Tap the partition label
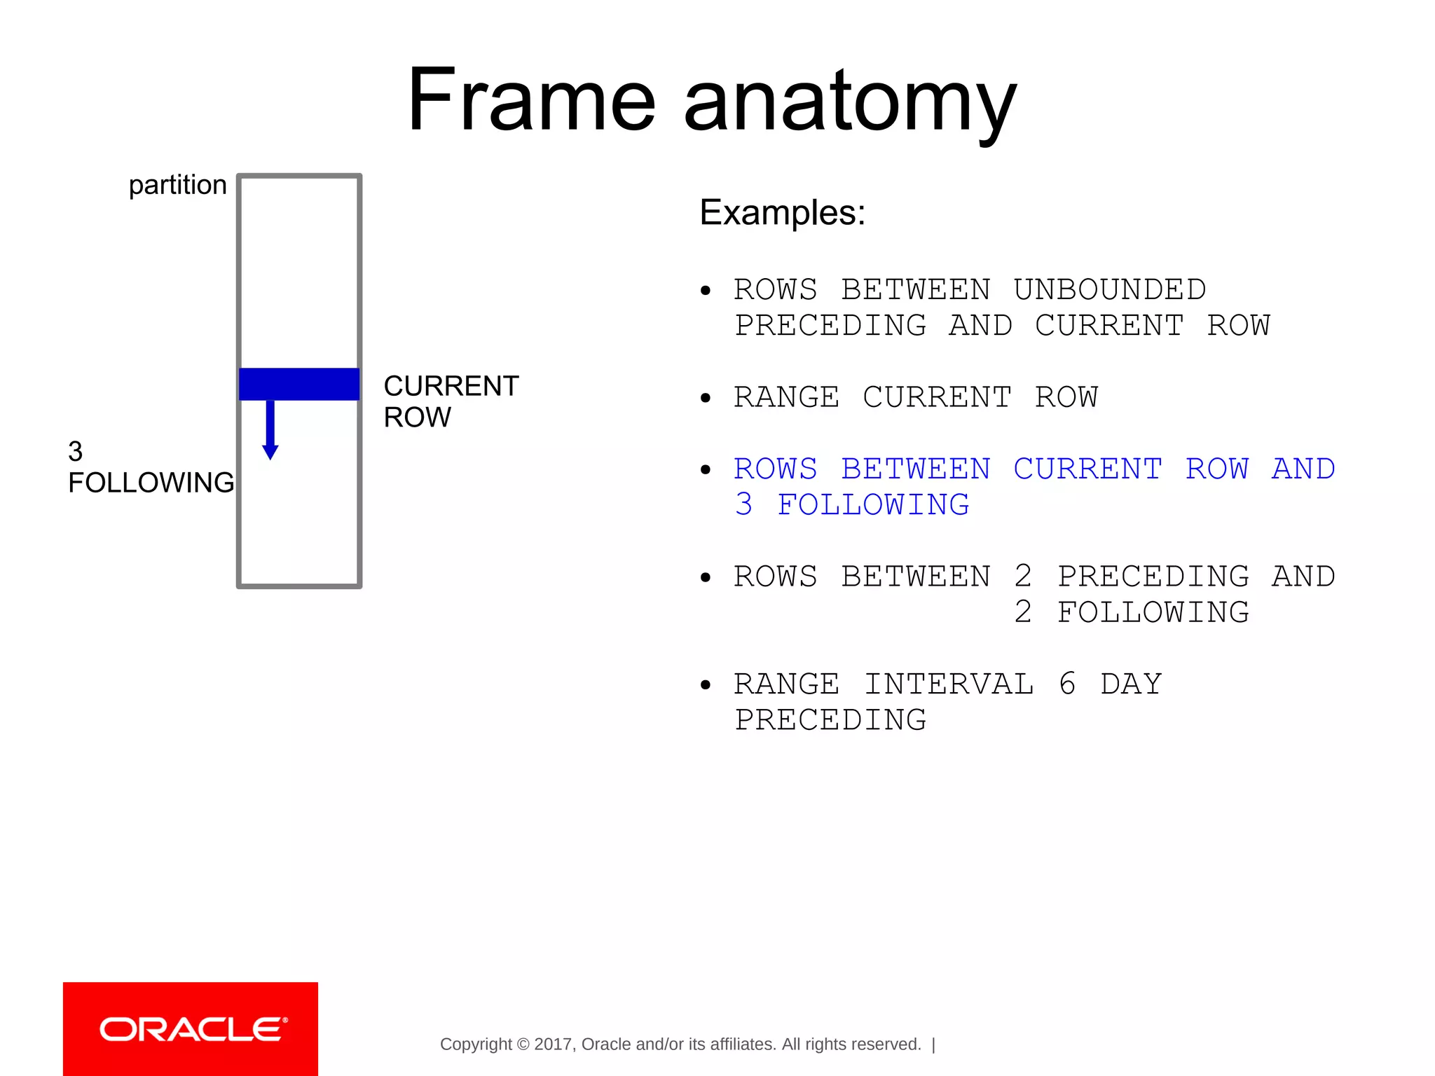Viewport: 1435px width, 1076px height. click(177, 185)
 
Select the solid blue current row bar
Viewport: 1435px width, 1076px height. click(299, 384)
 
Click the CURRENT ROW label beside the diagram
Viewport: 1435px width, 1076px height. click(451, 401)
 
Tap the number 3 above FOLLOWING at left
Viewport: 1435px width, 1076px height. click(76, 451)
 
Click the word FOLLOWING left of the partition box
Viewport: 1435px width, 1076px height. click(151, 483)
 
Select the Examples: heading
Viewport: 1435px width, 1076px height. click(782, 212)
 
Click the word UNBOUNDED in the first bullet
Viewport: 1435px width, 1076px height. click(1109, 289)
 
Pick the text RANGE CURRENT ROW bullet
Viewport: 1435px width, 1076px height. click(915, 397)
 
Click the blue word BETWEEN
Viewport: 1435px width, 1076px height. click(915, 469)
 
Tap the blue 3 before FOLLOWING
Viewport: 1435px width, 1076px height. click(744, 504)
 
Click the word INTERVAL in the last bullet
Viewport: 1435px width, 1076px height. click(949, 684)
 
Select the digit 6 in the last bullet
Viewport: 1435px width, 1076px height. click(1067, 684)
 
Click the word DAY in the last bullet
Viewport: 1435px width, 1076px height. click(1131, 684)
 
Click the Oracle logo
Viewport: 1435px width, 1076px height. click(191, 1029)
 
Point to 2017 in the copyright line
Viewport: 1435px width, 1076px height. click(553, 1044)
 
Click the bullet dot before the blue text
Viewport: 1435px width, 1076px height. click(706, 470)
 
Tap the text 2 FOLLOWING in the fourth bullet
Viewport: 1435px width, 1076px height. click(1131, 612)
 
